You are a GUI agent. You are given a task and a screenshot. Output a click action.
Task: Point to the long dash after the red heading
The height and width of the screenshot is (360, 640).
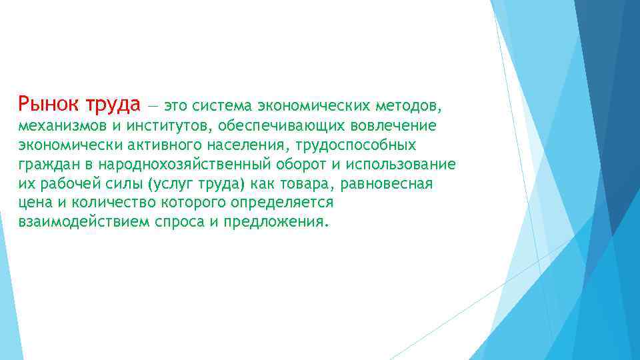[x=153, y=105]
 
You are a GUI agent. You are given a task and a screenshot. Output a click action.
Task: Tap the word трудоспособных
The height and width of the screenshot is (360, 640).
[x=361, y=145]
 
